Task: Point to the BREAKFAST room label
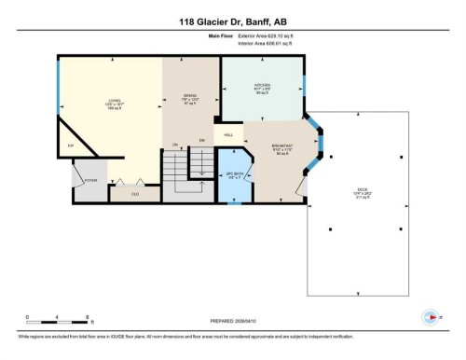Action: pyautogui.click(x=283, y=146)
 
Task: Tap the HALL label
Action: pyautogui.click(x=228, y=136)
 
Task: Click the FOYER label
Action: pyautogui.click(x=91, y=181)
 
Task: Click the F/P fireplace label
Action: pyautogui.click(x=69, y=146)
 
